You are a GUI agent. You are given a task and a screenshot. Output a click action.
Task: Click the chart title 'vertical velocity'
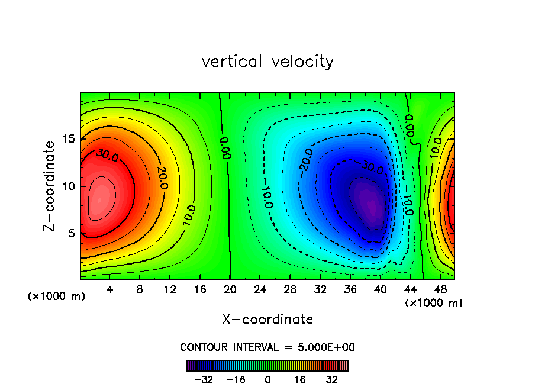click(267, 62)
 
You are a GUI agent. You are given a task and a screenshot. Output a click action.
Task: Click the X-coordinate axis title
click(267, 320)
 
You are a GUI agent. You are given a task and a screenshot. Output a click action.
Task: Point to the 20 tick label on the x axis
click(230, 290)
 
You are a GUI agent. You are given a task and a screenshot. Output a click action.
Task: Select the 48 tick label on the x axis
click(440, 290)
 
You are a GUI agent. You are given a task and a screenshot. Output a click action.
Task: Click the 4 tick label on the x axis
click(110, 290)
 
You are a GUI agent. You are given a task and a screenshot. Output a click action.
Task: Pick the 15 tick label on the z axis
click(69, 139)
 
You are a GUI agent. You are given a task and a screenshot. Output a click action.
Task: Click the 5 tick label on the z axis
click(72, 233)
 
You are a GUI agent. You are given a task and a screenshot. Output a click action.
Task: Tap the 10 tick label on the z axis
click(69, 186)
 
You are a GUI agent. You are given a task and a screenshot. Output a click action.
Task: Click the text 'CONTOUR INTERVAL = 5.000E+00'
click(267, 347)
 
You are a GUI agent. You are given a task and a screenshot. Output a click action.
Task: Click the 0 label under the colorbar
click(267, 380)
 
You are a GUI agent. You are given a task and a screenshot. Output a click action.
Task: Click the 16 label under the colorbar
click(300, 380)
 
